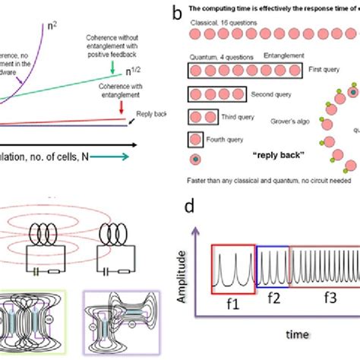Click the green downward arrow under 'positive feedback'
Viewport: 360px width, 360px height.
[112, 71]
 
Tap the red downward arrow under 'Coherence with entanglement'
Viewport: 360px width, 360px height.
[124, 115]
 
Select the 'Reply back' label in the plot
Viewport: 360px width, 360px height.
[150, 115]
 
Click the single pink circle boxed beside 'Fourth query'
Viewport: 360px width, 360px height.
[195, 140]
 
